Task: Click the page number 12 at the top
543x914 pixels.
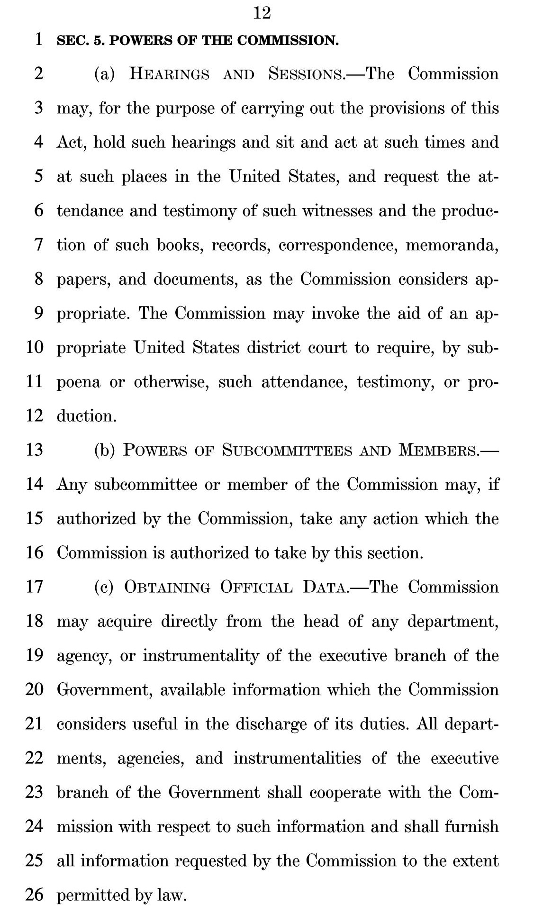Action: click(262, 13)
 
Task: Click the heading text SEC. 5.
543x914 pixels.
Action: click(80, 41)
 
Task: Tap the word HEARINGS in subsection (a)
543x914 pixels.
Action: click(169, 74)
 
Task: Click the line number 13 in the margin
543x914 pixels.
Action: click(34, 450)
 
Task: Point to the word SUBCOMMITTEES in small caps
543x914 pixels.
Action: click(287, 450)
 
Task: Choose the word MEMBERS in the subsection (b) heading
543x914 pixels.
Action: click(438, 450)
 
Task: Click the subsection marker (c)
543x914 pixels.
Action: click(104, 587)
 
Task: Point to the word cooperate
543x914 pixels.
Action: click(345, 792)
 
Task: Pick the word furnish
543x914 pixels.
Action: click(472, 826)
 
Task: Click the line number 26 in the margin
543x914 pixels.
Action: click(34, 895)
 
